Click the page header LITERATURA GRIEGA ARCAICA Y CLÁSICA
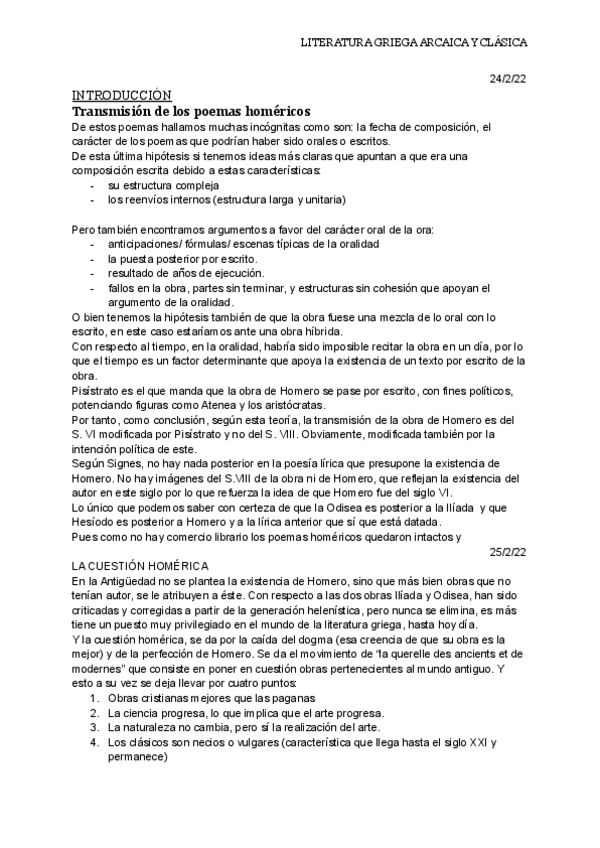(413, 43)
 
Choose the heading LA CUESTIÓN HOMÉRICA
(140, 565)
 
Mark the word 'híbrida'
(322, 331)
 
